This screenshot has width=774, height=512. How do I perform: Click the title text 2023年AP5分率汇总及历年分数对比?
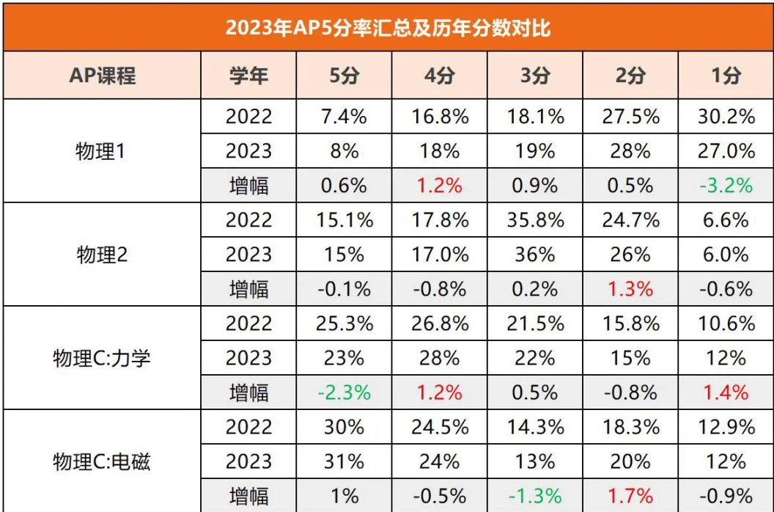tap(387, 27)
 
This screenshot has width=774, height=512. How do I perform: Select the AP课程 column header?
tap(103, 76)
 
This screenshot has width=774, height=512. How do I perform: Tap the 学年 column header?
tap(248, 76)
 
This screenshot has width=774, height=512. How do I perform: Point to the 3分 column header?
tap(534, 76)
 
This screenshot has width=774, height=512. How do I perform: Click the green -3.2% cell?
tap(726, 186)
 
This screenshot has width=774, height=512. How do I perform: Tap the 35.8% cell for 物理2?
tap(534, 220)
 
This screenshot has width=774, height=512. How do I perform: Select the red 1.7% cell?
tap(630, 496)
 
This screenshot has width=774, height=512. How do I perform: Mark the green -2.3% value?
tap(344, 392)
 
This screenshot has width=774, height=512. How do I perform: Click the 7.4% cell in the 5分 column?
tap(344, 117)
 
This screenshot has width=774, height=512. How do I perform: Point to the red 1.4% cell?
tap(726, 392)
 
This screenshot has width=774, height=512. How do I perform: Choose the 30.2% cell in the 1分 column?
tap(726, 117)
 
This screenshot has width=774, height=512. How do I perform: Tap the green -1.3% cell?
tap(534, 496)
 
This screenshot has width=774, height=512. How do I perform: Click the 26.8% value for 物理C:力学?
tap(439, 323)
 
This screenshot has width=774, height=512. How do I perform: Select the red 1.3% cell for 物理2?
tap(630, 289)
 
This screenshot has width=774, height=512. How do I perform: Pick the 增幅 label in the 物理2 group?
tap(248, 289)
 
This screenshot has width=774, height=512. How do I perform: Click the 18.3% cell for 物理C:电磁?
tap(630, 427)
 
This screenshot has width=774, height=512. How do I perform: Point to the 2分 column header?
tap(630, 76)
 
